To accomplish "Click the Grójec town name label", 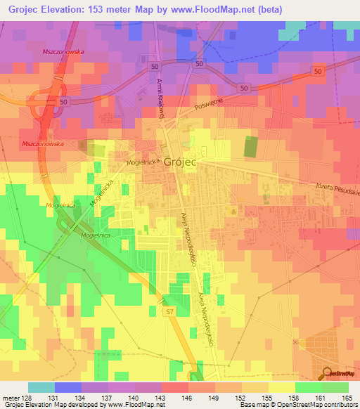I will point(179,161).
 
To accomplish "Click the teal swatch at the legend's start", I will point(41,387).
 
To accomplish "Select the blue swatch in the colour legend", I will point(67,387).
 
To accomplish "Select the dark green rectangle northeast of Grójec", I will point(250,147).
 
